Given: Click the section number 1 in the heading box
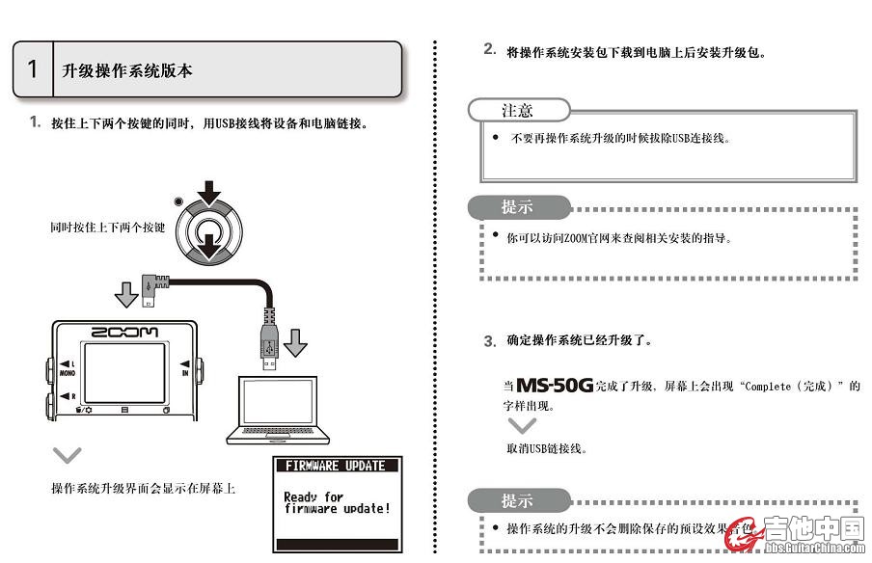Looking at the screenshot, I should point(33,69).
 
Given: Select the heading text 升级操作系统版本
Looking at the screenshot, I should point(127,70).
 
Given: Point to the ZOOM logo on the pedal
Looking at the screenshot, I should point(124,332).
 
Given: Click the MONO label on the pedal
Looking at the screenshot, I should point(68,370).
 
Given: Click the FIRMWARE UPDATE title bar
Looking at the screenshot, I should point(336,466).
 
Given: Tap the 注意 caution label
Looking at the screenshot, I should point(517,110).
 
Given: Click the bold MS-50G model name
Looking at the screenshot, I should point(554,386).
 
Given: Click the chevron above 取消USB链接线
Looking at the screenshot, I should point(522,425).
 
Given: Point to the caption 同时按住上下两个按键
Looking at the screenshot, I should point(107,228).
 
